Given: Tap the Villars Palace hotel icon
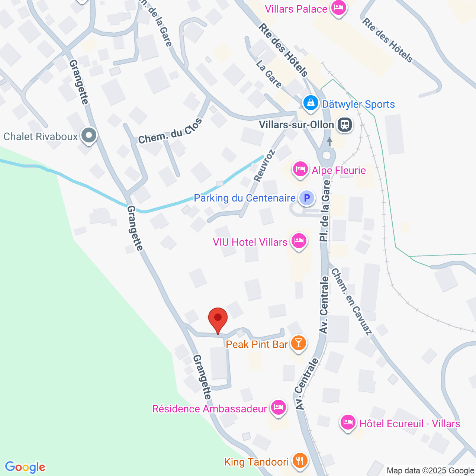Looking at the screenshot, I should point(338,7).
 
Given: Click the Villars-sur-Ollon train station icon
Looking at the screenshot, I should point(345,125).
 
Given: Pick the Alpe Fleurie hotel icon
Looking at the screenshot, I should point(300,170).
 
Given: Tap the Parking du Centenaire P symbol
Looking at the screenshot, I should point(307,198).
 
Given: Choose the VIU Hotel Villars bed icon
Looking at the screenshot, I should point(299,241).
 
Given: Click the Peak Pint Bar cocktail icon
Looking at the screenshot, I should point(298,343).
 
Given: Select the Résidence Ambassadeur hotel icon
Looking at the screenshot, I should point(278,408).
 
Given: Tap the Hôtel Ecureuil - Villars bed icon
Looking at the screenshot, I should point(348,423).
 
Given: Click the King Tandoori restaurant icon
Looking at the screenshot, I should point(300,461).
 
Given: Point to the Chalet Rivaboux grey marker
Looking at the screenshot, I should point(89,136).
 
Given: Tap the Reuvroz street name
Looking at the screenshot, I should point(264,165).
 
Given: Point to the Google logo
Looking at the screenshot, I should point(25,467).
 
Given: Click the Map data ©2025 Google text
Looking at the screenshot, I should point(431,470).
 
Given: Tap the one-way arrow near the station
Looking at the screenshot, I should point(329,142).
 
